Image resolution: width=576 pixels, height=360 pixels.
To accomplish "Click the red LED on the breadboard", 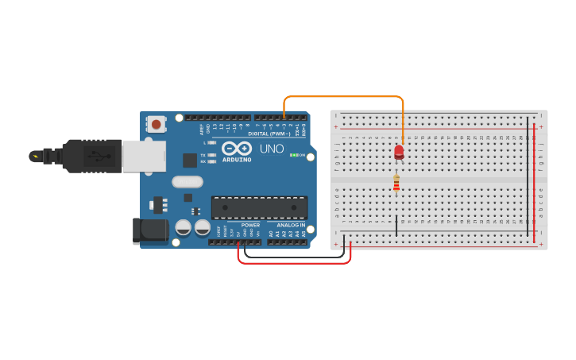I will coord(399,151).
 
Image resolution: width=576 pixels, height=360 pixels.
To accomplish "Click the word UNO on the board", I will coord(273,148).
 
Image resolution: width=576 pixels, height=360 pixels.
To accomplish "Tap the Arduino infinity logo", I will coord(236,148).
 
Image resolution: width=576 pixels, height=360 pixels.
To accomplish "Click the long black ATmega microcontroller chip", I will coord(259,207).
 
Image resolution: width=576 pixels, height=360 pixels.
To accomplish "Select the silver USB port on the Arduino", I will coord(143,155).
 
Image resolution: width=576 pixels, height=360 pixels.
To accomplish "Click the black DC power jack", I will coord(150,230).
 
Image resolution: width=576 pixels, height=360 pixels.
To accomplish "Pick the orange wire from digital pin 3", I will coord(342,97).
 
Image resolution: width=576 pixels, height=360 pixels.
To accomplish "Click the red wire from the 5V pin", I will coord(294,263).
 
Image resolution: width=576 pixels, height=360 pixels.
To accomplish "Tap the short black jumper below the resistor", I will coord(396,225).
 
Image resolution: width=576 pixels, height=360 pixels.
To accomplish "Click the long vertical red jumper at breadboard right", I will coord(535,183).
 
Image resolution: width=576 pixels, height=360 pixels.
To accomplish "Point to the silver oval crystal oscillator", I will coord(187,182).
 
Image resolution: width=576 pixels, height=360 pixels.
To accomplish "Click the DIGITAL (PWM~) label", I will coord(268,134).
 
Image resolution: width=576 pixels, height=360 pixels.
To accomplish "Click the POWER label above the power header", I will coord(250,225).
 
